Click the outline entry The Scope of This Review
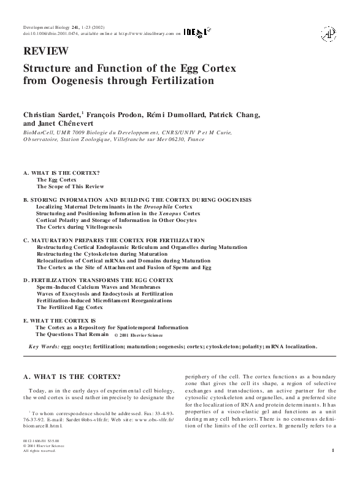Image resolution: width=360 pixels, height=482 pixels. (70, 186)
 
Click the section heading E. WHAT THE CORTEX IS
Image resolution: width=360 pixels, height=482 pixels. (59, 321)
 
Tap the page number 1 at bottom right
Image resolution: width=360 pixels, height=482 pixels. (332, 451)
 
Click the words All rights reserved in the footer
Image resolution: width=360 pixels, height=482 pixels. (39, 451)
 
